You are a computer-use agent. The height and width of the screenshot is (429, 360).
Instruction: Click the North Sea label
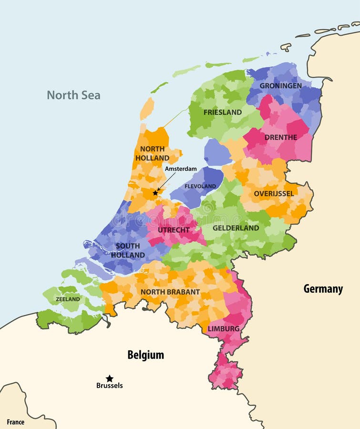pyautogui.click(x=73, y=95)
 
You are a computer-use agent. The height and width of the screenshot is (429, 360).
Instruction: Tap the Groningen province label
pyautogui.click(x=280, y=86)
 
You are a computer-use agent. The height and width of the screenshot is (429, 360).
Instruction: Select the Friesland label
pyautogui.click(x=222, y=112)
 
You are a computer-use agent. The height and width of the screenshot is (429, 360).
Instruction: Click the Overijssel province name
pyautogui.click(x=273, y=194)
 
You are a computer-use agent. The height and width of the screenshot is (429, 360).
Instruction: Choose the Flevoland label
pyautogui.click(x=200, y=186)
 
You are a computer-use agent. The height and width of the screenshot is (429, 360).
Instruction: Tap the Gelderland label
pyautogui.click(x=236, y=228)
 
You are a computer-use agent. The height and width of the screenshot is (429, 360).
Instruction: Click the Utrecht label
pyautogui.click(x=174, y=230)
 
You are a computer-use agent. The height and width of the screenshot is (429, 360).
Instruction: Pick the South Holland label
pyautogui.click(x=128, y=250)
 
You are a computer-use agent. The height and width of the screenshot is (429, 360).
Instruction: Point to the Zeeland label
pyautogui.click(x=68, y=299)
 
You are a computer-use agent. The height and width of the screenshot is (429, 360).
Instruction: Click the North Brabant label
pyautogui.click(x=170, y=292)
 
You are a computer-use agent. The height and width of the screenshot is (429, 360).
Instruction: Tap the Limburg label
pyautogui.click(x=223, y=329)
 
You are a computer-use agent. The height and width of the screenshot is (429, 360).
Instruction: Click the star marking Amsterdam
pyautogui.click(x=155, y=193)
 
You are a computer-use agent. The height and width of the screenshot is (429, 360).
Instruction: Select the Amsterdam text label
pyautogui.click(x=181, y=169)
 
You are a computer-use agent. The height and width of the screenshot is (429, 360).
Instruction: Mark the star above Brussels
pyautogui.click(x=110, y=378)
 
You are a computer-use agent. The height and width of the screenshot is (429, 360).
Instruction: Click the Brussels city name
pyautogui.click(x=109, y=386)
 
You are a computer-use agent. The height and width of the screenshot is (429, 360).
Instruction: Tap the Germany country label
pyautogui.click(x=323, y=289)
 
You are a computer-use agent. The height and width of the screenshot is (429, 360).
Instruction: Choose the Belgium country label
pyautogui.click(x=145, y=355)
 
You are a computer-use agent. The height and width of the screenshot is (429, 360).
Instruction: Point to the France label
pyautogui.click(x=15, y=422)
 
